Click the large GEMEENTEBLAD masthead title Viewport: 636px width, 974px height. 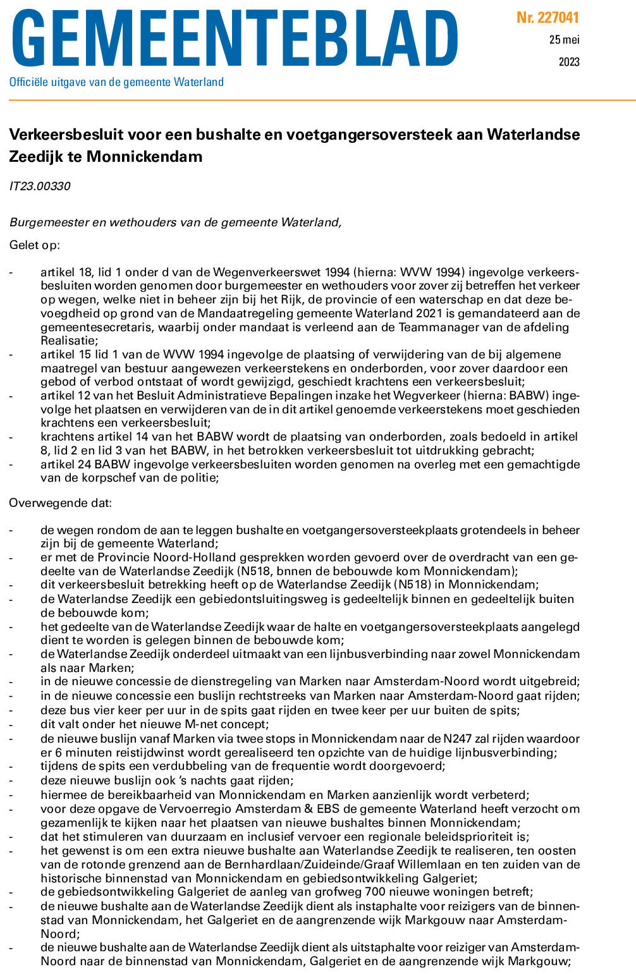tap(234, 39)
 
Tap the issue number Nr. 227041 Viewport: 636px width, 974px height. tap(547, 18)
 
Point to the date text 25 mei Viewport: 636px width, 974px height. tap(564, 40)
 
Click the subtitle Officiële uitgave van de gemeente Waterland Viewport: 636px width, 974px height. tap(116, 82)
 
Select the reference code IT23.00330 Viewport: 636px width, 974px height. tap(40, 186)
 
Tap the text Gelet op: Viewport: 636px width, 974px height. tap(35, 245)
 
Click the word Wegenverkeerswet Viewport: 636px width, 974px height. tap(268, 272)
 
